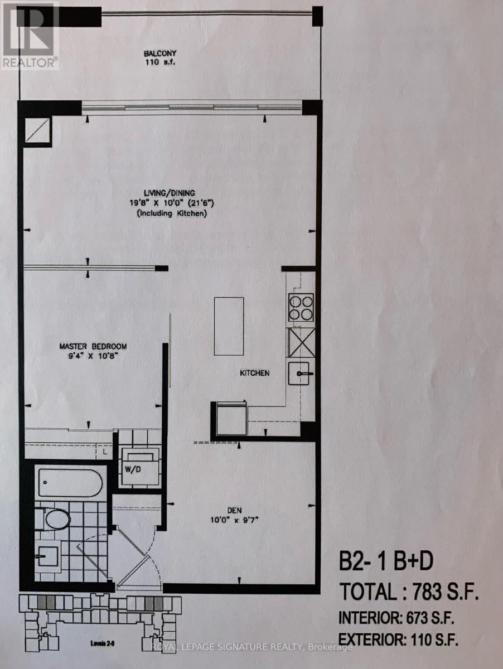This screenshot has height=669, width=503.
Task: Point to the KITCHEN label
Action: pyautogui.click(x=255, y=373)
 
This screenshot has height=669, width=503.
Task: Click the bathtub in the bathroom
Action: pyautogui.click(x=70, y=482)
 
